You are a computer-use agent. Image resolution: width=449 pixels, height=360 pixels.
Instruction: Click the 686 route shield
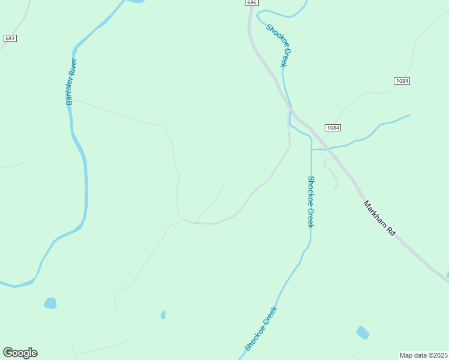252,3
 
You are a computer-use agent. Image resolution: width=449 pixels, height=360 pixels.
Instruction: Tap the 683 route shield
9,38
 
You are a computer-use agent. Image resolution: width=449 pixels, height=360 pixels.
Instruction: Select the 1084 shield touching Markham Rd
333,128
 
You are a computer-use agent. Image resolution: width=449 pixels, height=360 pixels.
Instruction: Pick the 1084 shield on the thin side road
402,81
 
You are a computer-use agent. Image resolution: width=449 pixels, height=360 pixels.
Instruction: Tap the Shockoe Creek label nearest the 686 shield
279,45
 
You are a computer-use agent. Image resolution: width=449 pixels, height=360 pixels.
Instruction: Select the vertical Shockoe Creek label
310,202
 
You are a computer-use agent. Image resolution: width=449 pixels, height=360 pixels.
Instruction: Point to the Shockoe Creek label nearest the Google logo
261,329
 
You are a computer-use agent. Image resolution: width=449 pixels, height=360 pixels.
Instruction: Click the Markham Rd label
379,217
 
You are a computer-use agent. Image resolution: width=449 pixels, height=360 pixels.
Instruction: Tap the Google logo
20,353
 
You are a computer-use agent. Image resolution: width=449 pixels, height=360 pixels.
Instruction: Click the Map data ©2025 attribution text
424,355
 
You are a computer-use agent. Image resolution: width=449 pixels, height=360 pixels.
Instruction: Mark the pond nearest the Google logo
50,303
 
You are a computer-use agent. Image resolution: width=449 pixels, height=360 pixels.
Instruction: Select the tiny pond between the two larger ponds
163,314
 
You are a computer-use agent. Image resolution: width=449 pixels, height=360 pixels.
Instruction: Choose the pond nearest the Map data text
363,332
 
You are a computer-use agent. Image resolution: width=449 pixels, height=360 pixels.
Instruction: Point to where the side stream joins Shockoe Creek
312,149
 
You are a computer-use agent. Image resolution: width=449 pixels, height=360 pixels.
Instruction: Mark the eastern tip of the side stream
409,115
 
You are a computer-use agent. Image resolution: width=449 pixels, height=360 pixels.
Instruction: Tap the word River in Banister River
73,67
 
